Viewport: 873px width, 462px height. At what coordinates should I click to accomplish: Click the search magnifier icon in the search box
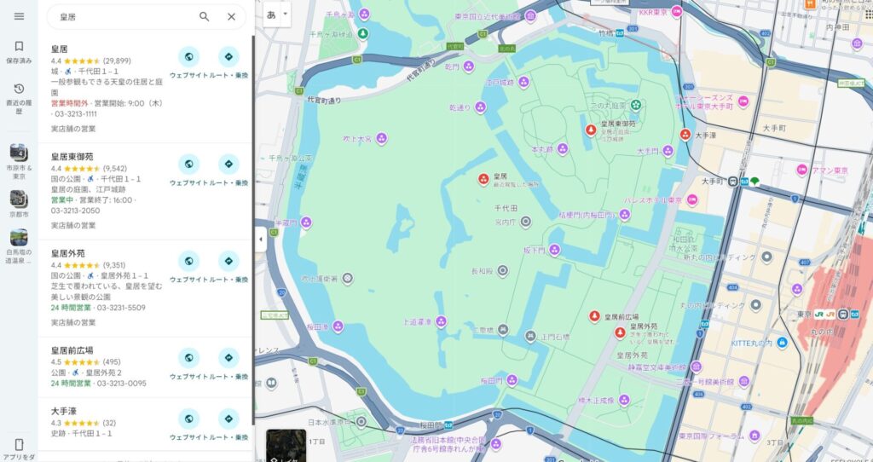point(205,16)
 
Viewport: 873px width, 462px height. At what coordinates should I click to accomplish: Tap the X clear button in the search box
point(231,16)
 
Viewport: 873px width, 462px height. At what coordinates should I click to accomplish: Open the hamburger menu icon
point(19,16)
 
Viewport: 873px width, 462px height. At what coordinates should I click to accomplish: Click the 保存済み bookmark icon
point(19,47)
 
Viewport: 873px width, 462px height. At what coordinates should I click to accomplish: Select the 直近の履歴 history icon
point(19,89)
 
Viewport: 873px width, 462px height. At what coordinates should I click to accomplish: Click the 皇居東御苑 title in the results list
point(72,157)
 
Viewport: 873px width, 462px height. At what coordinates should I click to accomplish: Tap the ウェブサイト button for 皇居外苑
point(188,261)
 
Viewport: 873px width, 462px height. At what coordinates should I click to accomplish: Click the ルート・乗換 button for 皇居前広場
point(228,357)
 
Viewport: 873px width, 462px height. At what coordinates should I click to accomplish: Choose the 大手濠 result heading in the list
point(65,411)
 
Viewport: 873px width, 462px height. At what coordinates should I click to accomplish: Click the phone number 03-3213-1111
point(76,113)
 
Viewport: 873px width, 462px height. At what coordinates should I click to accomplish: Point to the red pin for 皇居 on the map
point(483,180)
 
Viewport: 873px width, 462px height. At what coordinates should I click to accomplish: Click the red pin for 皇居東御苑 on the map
point(590,130)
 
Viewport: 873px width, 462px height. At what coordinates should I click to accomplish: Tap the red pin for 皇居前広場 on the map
point(594,317)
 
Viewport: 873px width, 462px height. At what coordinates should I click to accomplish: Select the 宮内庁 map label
point(506,222)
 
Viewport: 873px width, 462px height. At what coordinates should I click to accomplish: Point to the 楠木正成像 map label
point(597,399)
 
